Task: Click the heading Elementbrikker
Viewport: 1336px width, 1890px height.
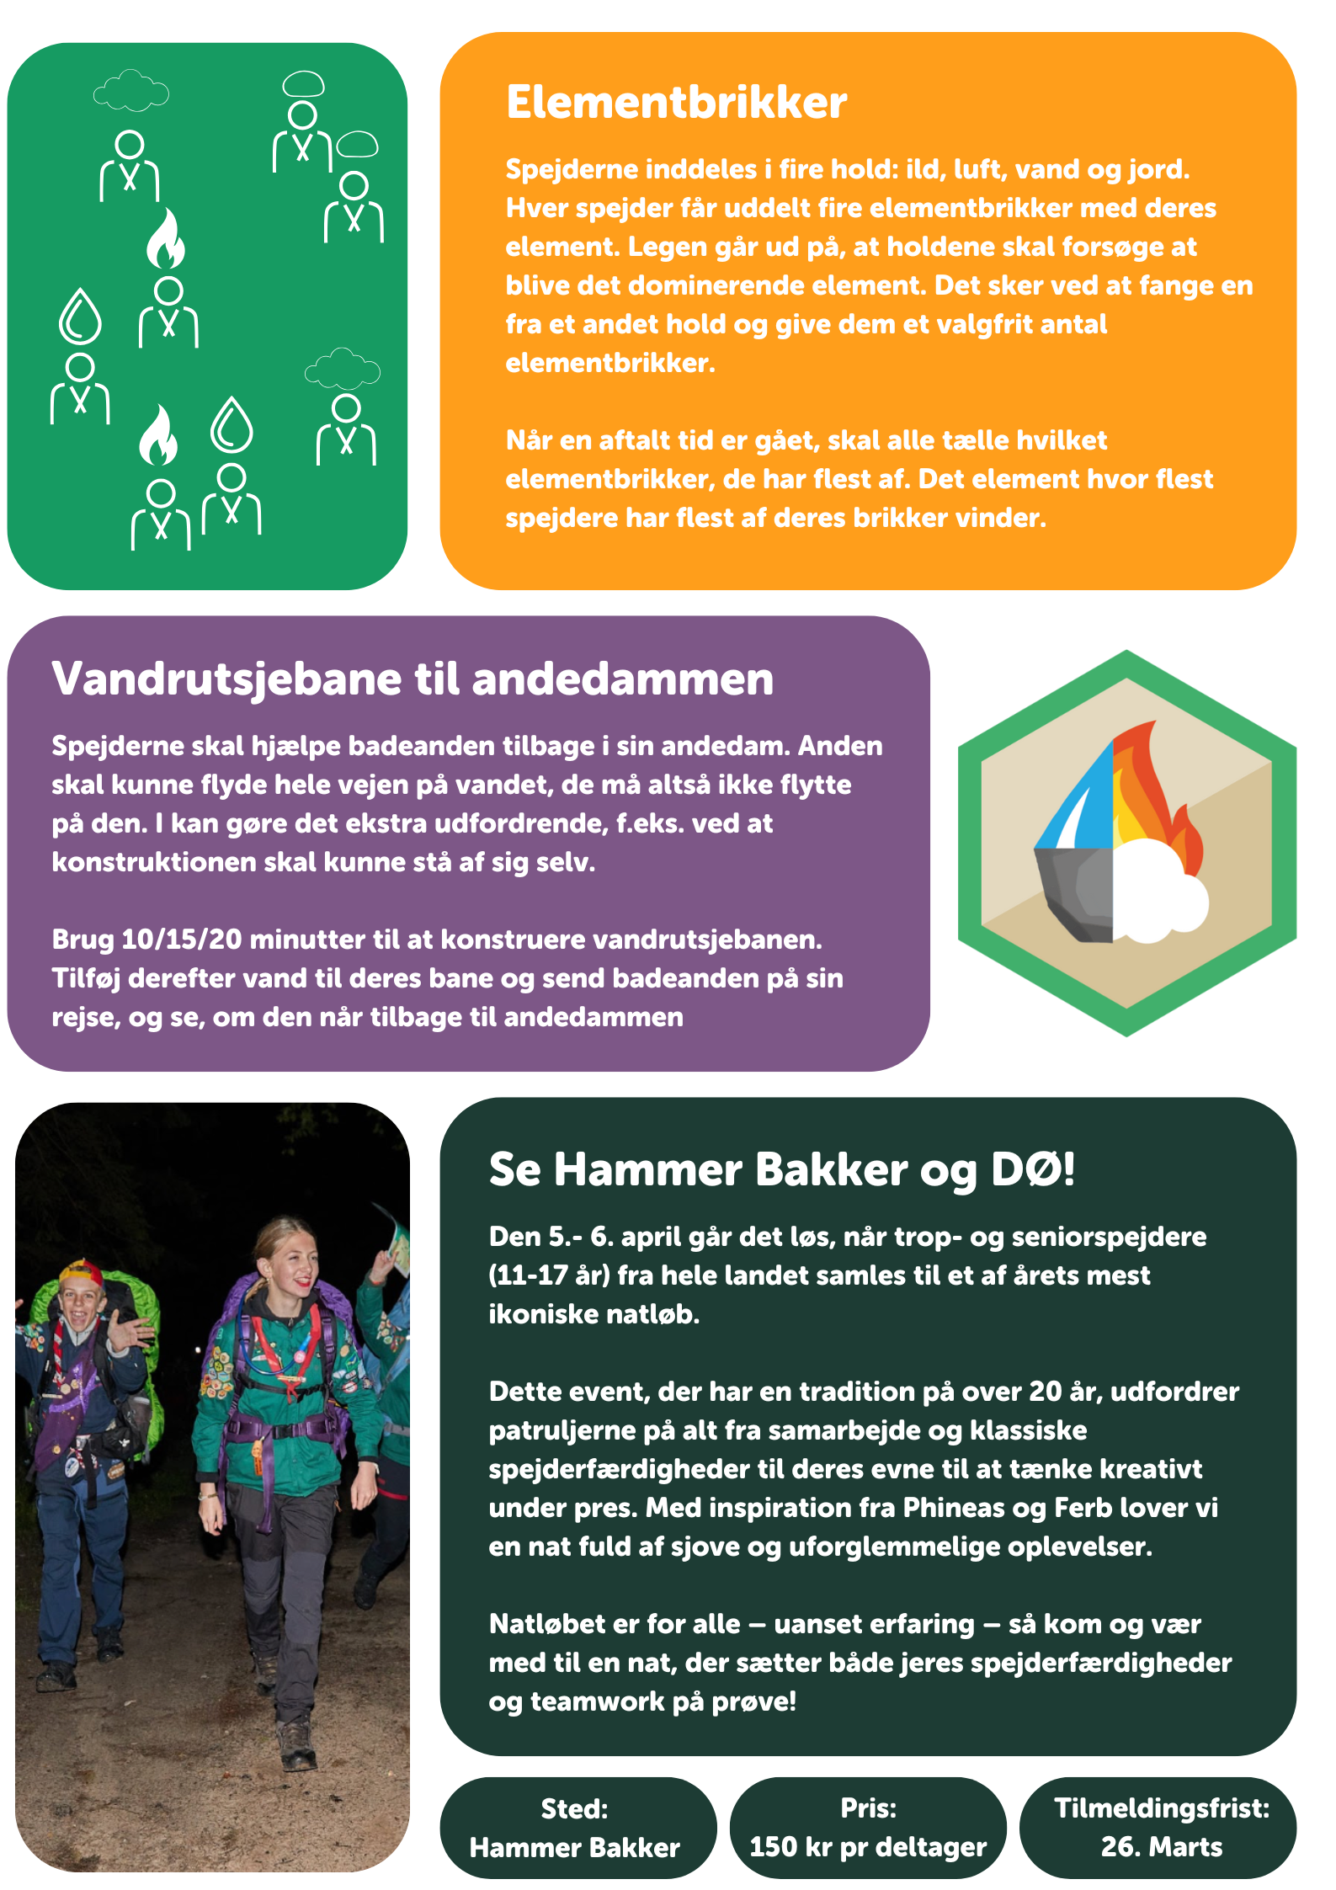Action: coord(676,103)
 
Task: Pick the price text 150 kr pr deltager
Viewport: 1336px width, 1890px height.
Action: coord(867,1847)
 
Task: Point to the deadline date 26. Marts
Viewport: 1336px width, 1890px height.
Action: coord(1161,1847)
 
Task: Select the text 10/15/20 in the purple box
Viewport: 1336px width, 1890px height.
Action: coord(170,940)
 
